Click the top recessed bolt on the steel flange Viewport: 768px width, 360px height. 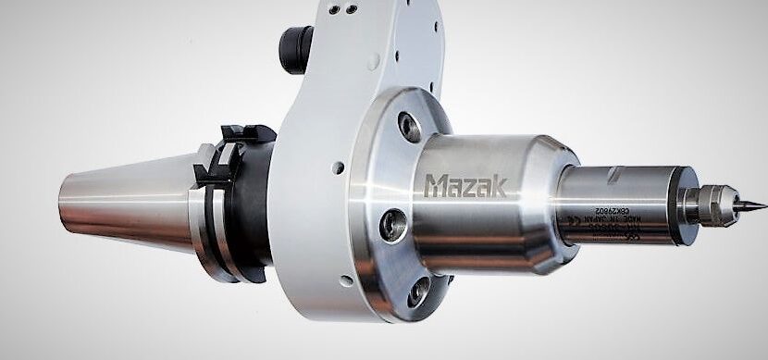tap(406, 124)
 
